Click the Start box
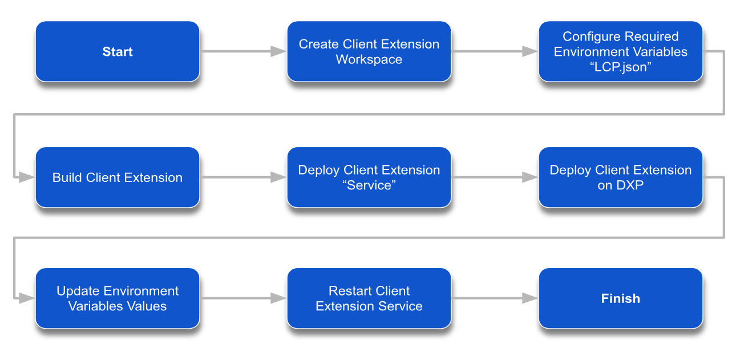click(x=118, y=51)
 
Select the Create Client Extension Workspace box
click(x=369, y=51)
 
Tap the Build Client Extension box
click(x=118, y=177)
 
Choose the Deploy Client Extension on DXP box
click(x=621, y=177)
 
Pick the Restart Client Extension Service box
click(x=369, y=298)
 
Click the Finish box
click(x=621, y=298)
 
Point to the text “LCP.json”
click(x=621, y=67)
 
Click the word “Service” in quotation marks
click(x=369, y=185)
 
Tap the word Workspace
click(x=369, y=59)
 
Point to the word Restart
click(x=350, y=291)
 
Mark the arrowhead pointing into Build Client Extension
click(x=27, y=177)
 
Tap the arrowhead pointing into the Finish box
click(x=530, y=298)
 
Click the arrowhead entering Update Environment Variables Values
click(x=27, y=298)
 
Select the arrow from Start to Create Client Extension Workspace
click(x=243, y=51)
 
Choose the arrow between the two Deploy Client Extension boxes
click(x=495, y=177)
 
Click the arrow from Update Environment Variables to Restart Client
click(x=243, y=298)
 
